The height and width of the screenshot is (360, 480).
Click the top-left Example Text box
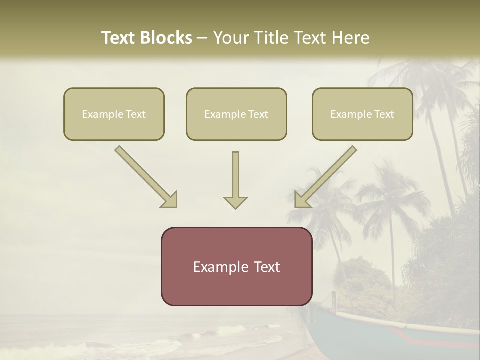[114, 114]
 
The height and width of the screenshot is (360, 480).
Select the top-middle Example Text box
[236, 114]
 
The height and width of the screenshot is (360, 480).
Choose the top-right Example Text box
[362, 114]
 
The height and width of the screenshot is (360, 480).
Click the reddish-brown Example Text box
[236, 266]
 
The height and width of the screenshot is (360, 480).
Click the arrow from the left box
[145, 176]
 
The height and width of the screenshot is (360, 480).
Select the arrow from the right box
[327, 176]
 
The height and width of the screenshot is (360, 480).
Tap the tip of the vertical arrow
[235, 207]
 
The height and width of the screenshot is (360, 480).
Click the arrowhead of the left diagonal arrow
[170, 200]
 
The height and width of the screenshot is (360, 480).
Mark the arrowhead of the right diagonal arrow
[302, 200]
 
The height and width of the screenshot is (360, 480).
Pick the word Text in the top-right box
[384, 114]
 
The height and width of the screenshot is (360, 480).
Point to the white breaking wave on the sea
[225, 332]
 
